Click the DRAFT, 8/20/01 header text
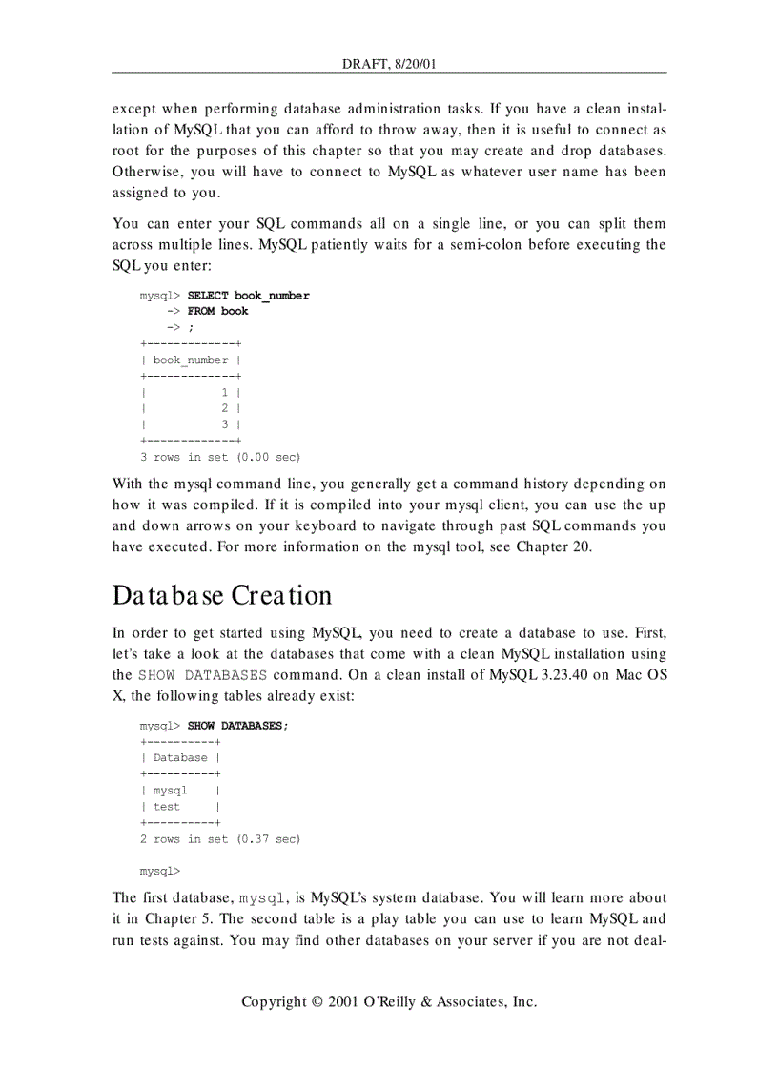[389, 64]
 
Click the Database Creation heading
[222, 595]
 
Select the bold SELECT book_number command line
[248, 296]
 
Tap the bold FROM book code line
[217, 311]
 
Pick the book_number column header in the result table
[191, 360]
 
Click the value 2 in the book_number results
[225, 408]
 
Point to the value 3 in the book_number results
[225, 424]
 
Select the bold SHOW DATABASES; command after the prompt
[237, 726]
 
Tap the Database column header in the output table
[180, 758]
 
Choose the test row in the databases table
[167, 807]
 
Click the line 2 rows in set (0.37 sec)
[219, 839]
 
